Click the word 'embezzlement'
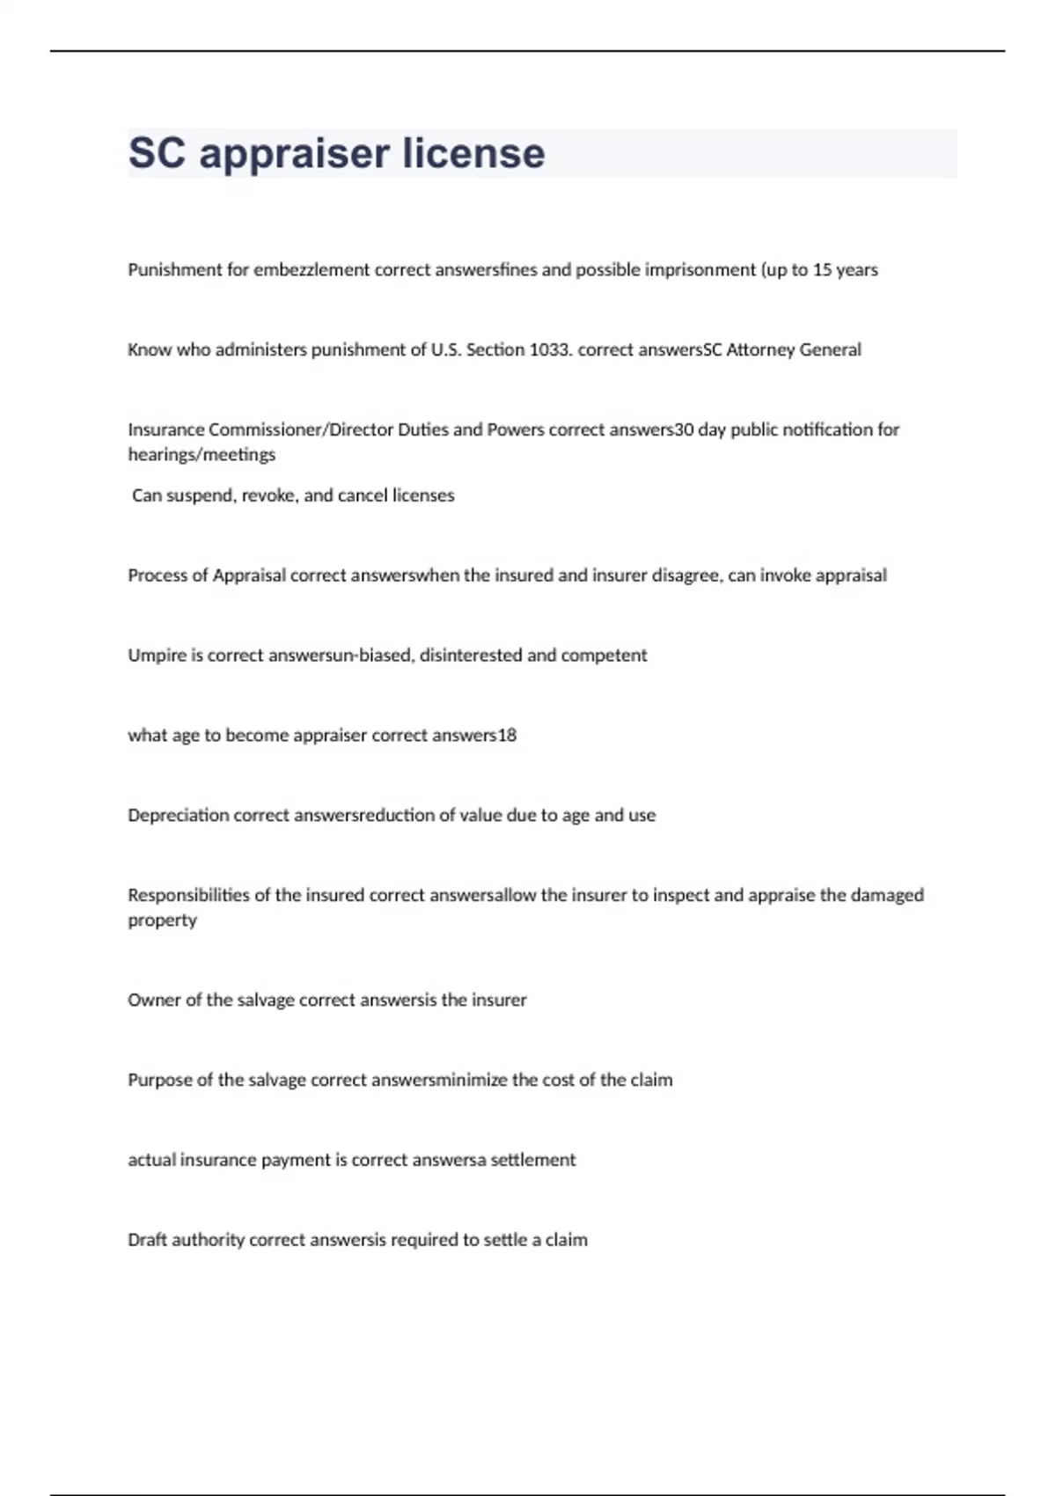pos(312,270)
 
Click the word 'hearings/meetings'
pos(202,455)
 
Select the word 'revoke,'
pos(270,495)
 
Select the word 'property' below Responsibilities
pos(162,920)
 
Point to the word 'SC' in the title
pos(157,153)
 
